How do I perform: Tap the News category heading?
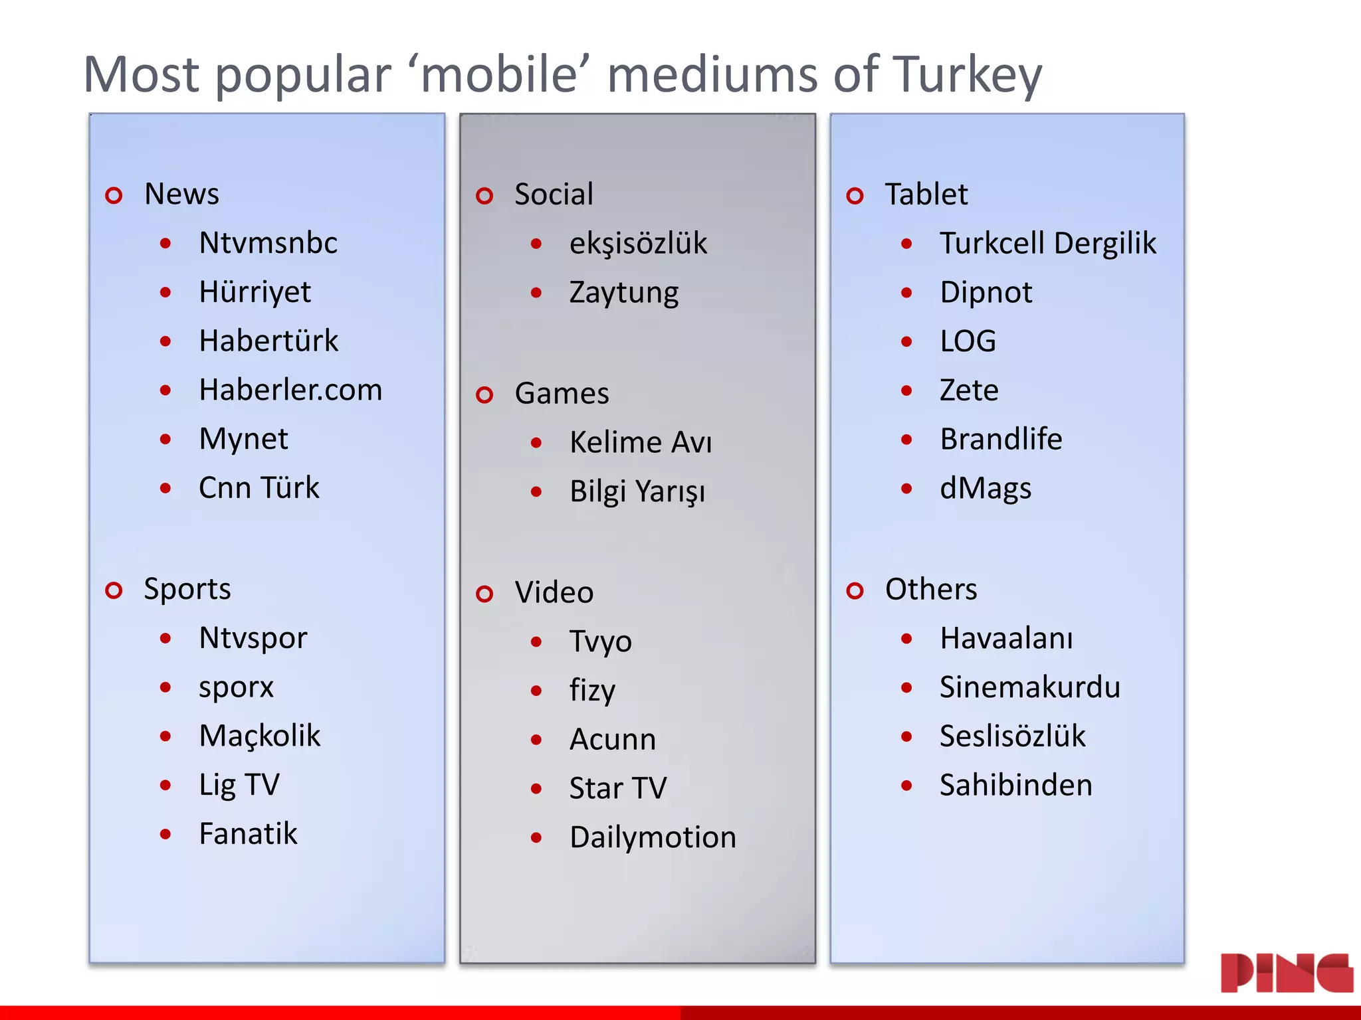(181, 195)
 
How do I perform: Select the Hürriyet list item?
(255, 292)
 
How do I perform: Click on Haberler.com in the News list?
(290, 390)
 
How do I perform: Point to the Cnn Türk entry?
(259, 488)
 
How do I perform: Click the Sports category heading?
(187, 590)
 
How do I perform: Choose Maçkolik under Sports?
(259, 736)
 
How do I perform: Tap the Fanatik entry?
(248, 834)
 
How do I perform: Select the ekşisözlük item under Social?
(638, 243)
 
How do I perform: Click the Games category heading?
(562, 394)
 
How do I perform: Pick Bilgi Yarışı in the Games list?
(637, 492)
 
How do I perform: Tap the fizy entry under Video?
(592, 691)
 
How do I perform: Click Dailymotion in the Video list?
(653, 837)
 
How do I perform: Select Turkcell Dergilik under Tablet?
(1047, 243)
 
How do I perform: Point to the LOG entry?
(968, 341)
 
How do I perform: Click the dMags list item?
(985, 489)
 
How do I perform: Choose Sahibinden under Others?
(1015, 786)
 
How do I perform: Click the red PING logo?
(1287, 973)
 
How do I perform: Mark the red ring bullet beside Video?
(485, 594)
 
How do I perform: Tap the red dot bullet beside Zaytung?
(536, 293)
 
